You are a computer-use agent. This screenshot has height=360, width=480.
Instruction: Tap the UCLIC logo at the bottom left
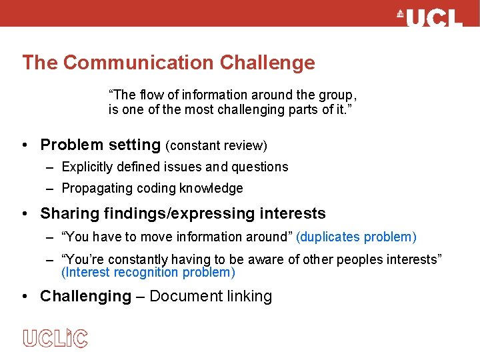[x=55, y=338]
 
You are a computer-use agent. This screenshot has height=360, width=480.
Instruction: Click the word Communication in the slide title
[x=139, y=63]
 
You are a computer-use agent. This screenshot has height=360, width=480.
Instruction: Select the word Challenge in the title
[x=267, y=63]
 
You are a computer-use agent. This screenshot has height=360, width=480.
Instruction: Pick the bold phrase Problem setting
[x=100, y=145]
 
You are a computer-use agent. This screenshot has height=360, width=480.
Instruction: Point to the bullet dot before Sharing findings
[x=23, y=213]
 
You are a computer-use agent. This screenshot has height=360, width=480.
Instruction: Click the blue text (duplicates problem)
[x=356, y=237]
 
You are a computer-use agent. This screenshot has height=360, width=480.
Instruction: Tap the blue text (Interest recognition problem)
[x=148, y=273]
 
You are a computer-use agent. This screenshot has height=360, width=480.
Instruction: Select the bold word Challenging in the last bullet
[x=85, y=296]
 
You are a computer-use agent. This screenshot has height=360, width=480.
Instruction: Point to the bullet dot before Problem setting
[x=23, y=145]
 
